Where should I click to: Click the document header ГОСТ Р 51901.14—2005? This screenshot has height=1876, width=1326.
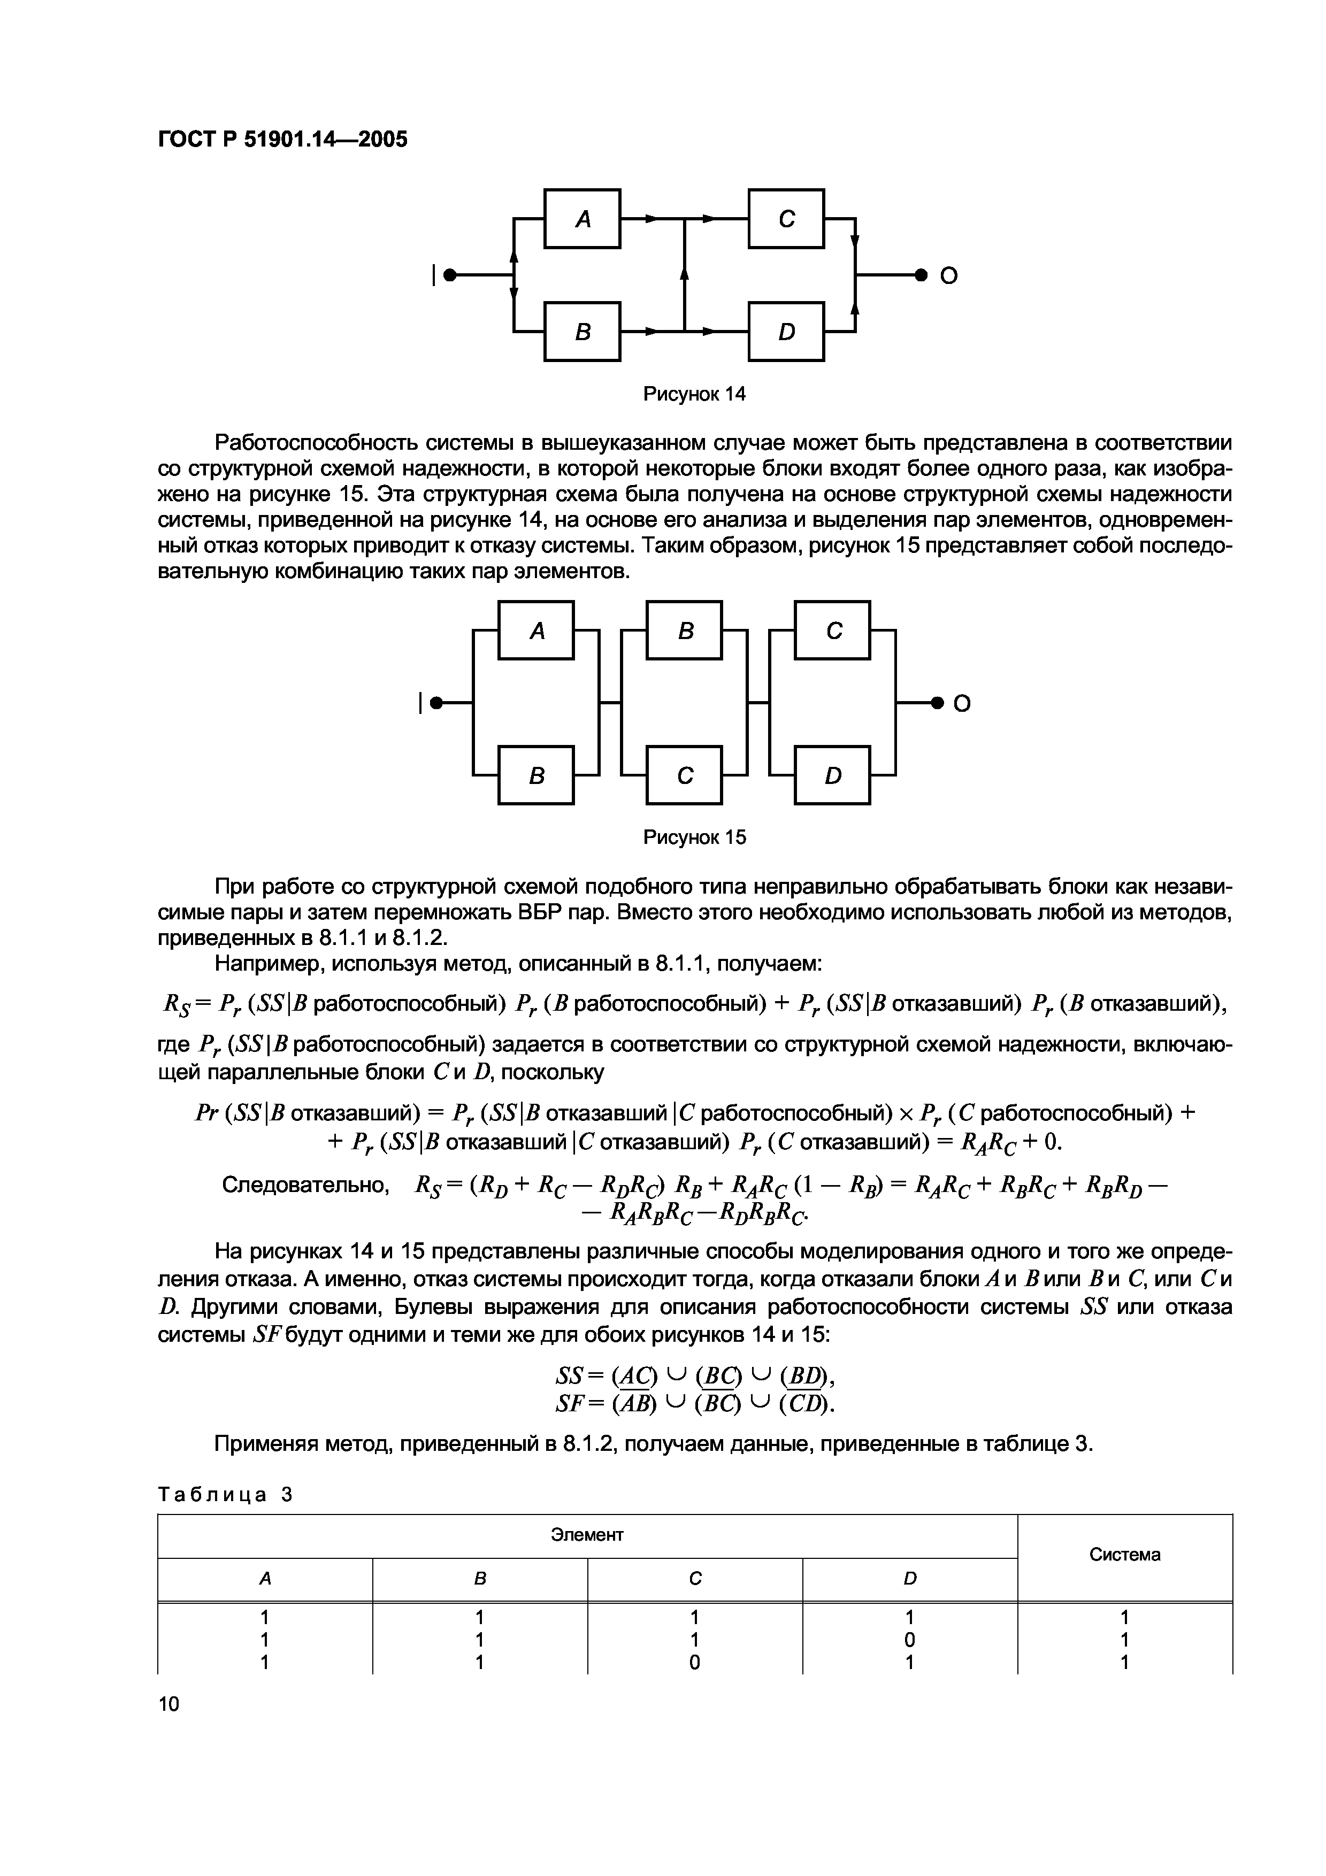[282, 140]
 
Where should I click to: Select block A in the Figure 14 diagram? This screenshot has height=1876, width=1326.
[582, 218]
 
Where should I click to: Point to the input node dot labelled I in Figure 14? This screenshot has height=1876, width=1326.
[449, 275]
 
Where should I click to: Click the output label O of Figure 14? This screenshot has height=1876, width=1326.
[948, 276]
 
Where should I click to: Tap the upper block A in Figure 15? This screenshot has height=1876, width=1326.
[537, 630]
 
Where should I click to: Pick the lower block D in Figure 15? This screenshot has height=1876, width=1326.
[832, 775]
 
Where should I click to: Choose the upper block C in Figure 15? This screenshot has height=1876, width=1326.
[832, 630]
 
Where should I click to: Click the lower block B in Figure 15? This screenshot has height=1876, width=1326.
[537, 775]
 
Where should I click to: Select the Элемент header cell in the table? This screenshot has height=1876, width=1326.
[587, 1535]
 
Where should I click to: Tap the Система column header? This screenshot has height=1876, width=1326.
[1124, 1555]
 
